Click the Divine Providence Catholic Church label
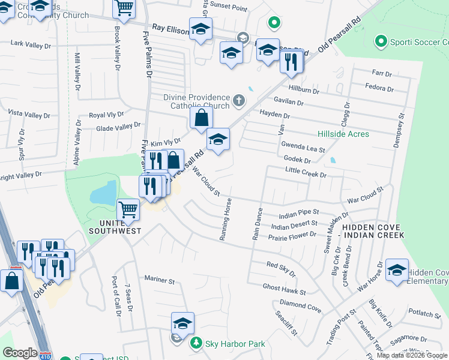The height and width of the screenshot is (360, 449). pyautogui.click(x=197, y=101)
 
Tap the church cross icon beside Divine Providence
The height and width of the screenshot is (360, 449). pyautogui.click(x=239, y=100)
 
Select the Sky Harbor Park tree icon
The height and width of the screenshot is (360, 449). pyautogui.click(x=195, y=343)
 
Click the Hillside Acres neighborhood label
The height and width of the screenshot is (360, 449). pyautogui.click(x=343, y=134)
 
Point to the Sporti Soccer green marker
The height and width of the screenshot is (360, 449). pyautogui.click(x=380, y=41)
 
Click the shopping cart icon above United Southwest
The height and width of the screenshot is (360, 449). pyautogui.click(x=128, y=210)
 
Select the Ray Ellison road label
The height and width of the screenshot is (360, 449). pyautogui.click(x=170, y=28)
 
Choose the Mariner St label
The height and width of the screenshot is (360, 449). pyautogui.click(x=159, y=280)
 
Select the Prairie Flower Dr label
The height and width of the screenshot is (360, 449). pyautogui.click(x=292, y=234)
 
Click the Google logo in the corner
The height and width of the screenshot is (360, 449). pyautogui.click(x=20, y=353)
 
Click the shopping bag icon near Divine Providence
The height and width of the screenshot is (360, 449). pyautogui.click(x=202, y=118)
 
